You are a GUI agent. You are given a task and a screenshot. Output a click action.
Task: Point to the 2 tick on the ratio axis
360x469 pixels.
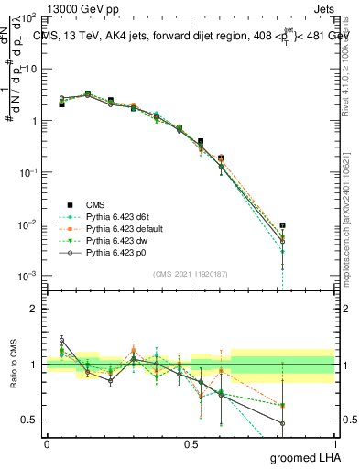click(35, 309)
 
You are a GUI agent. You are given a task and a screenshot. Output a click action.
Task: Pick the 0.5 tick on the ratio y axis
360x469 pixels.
click(30, 420)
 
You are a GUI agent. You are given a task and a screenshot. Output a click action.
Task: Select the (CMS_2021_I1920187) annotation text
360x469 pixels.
click(190, 273)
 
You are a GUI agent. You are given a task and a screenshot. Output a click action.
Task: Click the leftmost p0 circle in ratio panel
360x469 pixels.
click(61, 340)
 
